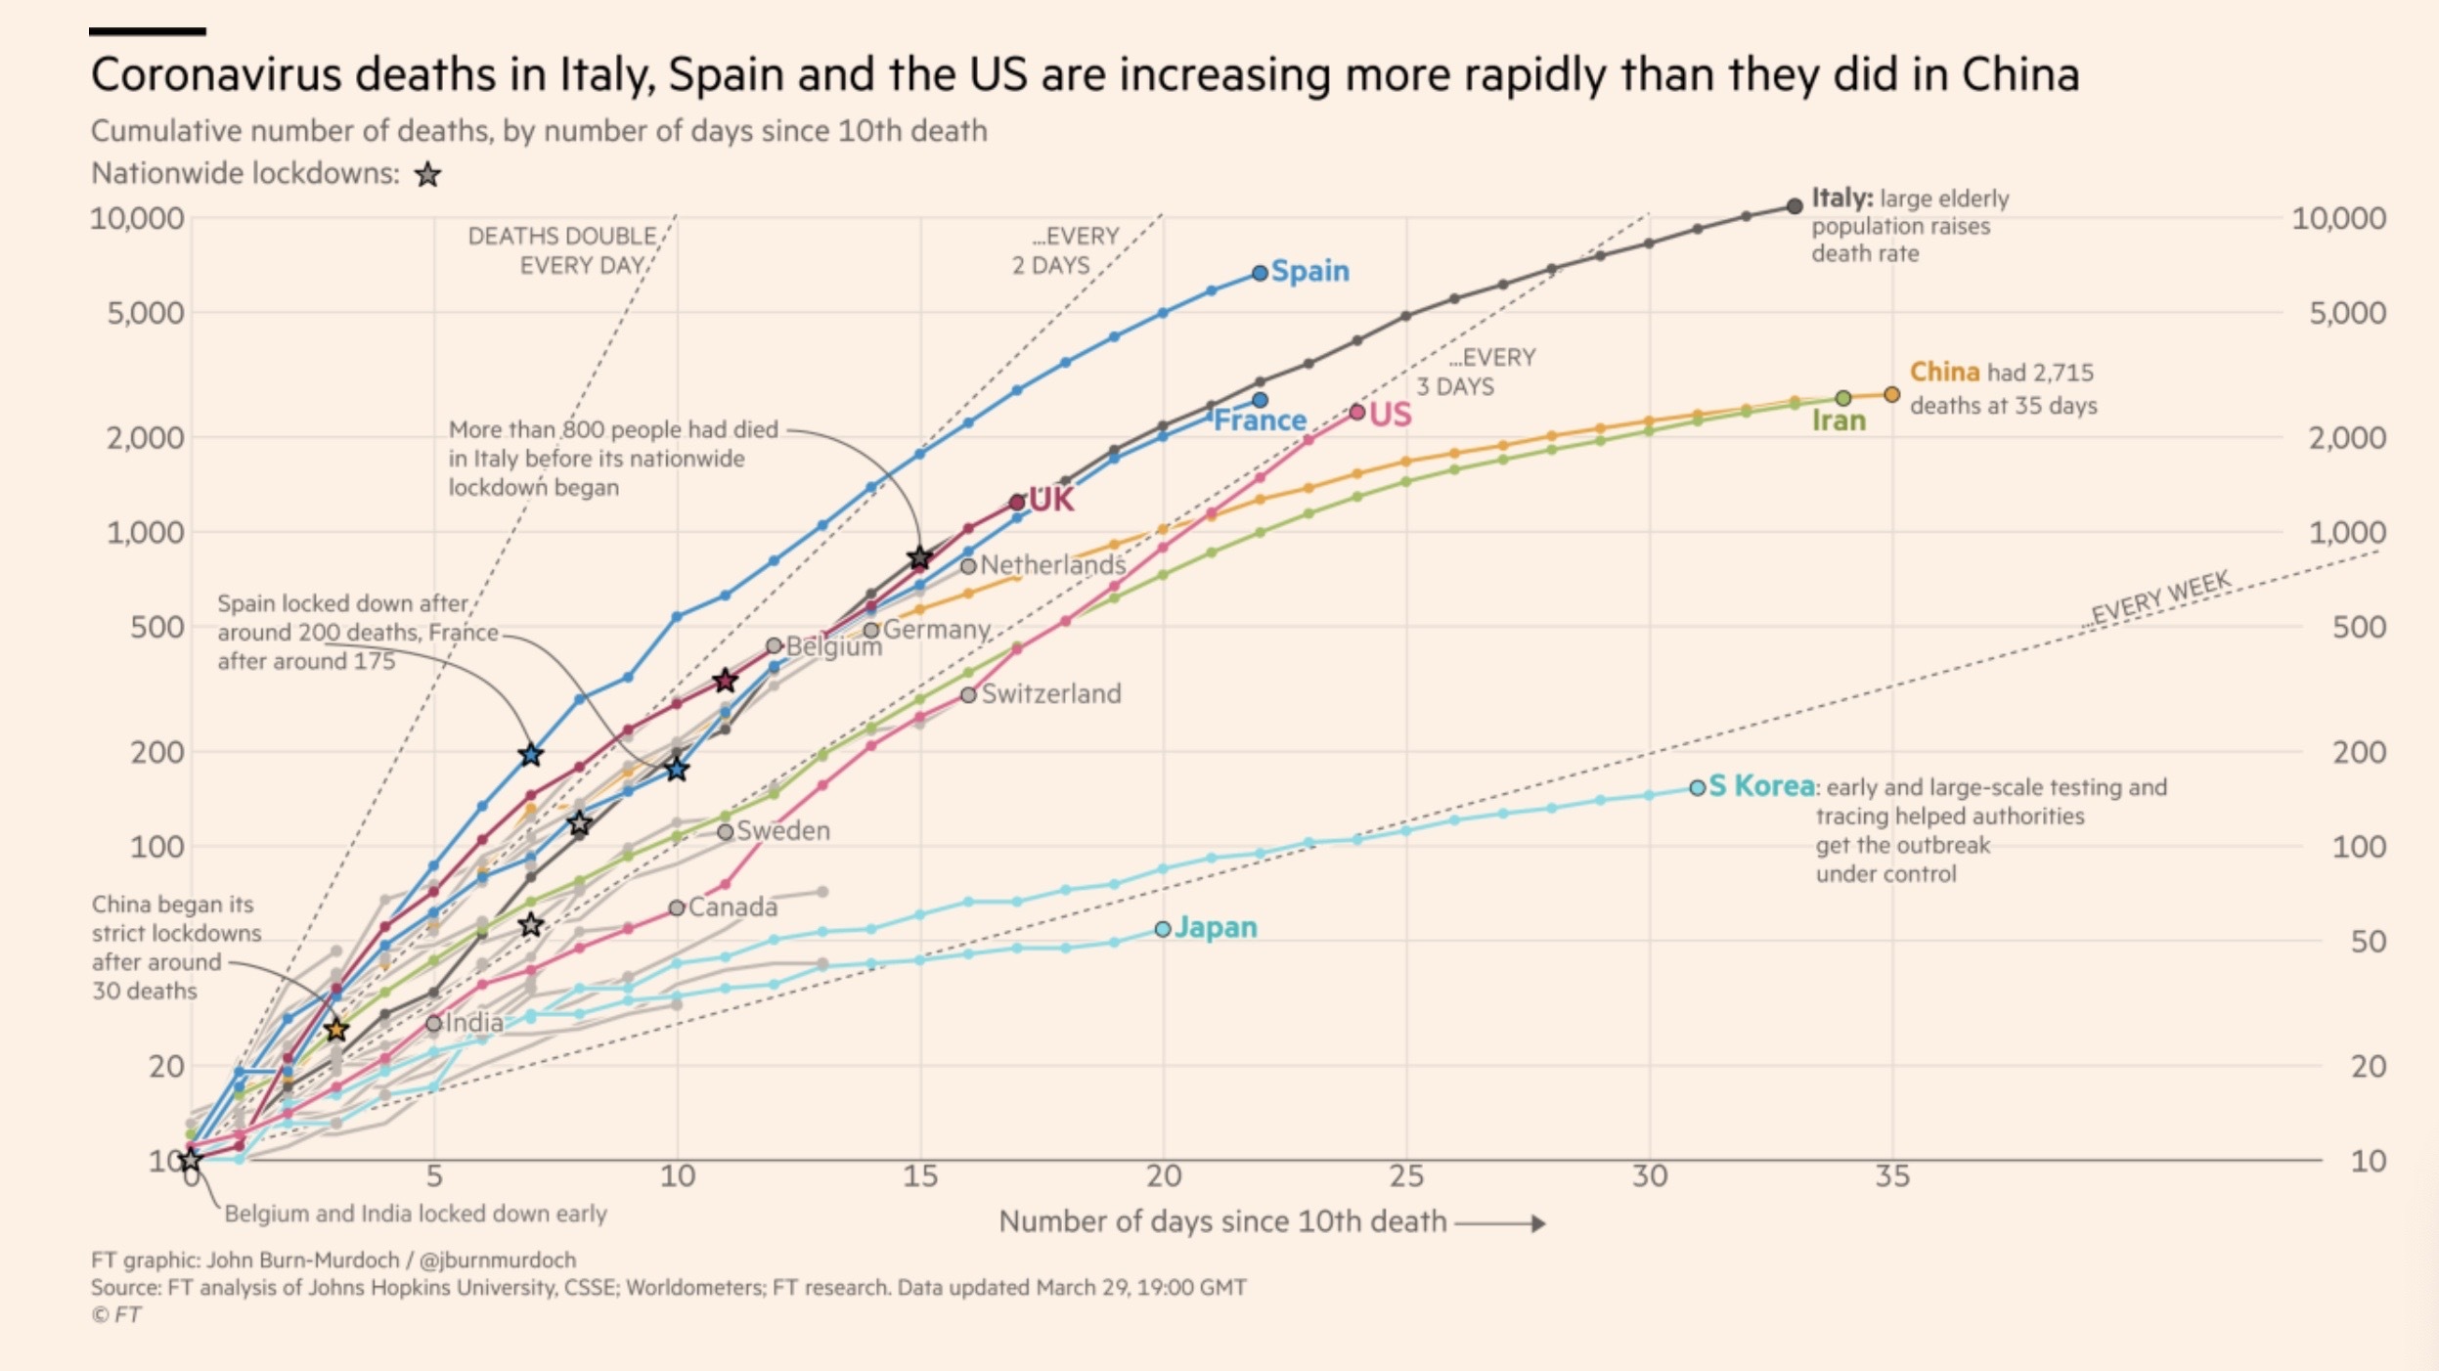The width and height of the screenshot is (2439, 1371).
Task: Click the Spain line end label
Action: coord(1309,271)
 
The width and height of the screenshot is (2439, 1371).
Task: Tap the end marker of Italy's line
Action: coord(1794,206)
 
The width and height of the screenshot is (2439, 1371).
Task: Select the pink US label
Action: coord(1390,415)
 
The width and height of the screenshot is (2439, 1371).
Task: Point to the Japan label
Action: coord(1216,927)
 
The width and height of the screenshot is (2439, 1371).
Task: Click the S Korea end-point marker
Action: coord(1698,787)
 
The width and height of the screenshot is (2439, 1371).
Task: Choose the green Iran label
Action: coord(1839,420)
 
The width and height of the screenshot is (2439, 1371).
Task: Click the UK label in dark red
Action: coord(1050,500)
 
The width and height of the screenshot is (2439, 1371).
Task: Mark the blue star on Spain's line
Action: coord(530,755)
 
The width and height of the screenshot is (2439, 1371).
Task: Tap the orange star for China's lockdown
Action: coord(335,1030)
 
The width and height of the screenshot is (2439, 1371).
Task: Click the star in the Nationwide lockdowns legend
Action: coord(427,175)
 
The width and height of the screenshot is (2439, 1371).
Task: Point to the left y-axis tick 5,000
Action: coord(145,313)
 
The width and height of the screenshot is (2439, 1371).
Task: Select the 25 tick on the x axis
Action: coord(1406,1176)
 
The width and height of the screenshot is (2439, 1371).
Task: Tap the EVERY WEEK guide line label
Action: coord(2160,598)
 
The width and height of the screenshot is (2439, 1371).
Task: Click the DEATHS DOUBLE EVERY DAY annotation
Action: coord(562,250)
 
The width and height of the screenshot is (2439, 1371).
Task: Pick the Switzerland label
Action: coord(1050,693)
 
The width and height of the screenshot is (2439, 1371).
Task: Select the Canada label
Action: coord(732,907)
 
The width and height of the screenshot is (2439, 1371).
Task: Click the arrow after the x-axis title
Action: coord(1500,1223)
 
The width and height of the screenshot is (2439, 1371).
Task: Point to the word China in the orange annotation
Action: coord(1944,373)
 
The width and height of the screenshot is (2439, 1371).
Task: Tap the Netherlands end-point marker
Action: coord(968,565)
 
